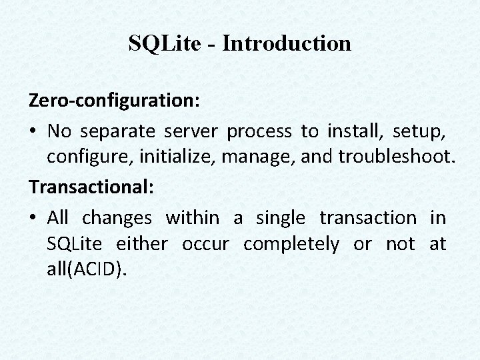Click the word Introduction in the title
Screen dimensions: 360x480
point(287,43)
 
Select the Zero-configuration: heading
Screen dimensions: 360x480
point(113,102)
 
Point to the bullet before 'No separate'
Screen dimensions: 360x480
point(33,132)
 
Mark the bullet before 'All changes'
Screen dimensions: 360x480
point(33,218)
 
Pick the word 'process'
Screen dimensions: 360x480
point(259,132)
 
